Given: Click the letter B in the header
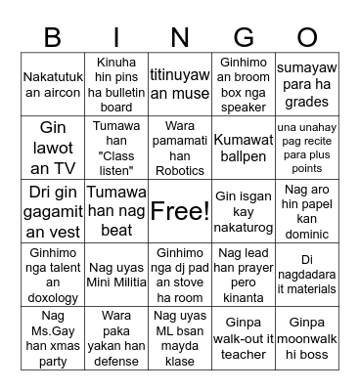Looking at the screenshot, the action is [52, 36].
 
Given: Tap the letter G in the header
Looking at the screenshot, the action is [244, 36].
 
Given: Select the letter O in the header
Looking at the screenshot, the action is [307, 36].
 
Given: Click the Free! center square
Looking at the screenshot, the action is [179, 210].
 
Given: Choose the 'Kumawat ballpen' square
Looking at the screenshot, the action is [244, 147].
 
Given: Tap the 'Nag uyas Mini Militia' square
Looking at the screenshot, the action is [115, 274].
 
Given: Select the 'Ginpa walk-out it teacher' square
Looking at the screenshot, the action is [244, 337].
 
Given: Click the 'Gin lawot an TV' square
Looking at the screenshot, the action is [52, 147].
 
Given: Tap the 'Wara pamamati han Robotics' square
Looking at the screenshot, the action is [179, 147].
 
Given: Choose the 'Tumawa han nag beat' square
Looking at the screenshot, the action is [115, 210].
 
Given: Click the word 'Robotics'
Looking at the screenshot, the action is [179, 170].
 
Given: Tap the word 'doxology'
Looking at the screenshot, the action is [52, 296].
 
